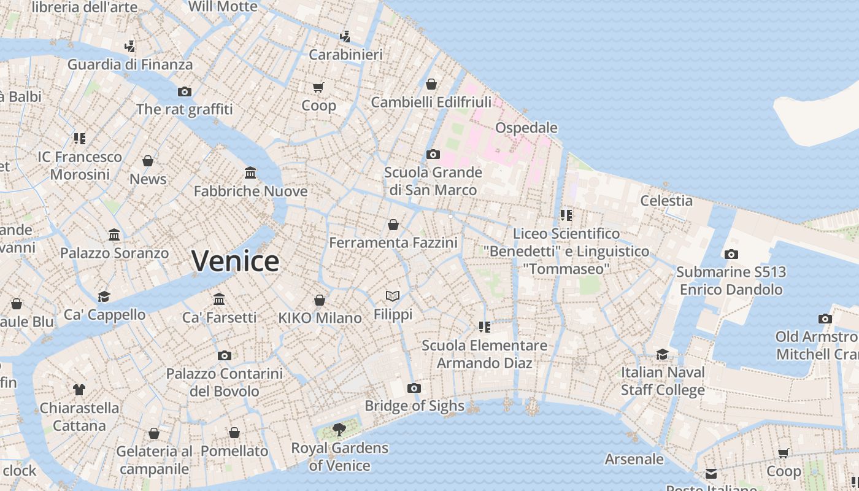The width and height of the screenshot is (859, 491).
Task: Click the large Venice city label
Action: (236, 261)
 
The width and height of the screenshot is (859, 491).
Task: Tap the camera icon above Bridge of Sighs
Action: (414, 388)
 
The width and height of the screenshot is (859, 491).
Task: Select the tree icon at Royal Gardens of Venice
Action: (339, 430)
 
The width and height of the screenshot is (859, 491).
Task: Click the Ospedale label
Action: (526, 128)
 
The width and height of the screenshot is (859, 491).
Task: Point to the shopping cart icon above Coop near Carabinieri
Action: (318, 88)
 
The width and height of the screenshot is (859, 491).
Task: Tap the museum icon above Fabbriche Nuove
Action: (250, 172)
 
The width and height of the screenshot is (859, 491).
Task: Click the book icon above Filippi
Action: (393, 296)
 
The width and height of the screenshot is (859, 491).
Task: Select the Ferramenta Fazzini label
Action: (393, 243)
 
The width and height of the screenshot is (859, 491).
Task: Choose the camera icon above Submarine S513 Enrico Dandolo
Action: (731, 254)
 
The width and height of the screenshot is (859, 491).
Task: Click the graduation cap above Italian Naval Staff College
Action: (662, 354)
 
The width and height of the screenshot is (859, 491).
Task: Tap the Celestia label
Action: (666, 201)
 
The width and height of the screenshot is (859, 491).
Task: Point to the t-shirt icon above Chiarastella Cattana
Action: (79, 389)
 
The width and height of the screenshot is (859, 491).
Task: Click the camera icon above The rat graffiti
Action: (185, 91)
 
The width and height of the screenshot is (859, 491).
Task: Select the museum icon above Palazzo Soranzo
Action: (114, 234)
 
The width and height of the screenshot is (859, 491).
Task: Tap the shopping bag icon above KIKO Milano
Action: (320, 300)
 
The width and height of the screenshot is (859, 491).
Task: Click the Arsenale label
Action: (634, 459)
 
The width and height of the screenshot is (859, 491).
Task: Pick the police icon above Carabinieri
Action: (345, 36)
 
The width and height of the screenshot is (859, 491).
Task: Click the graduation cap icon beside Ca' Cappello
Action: (104, 297)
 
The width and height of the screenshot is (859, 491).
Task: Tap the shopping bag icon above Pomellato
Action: (234, 433)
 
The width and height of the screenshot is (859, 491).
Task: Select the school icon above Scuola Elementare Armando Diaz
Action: (485, 327)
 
